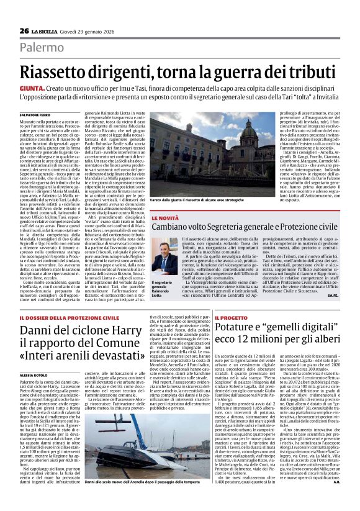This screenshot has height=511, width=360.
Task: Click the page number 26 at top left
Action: click(24, 31)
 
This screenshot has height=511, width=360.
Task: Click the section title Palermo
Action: click(42, 48)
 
